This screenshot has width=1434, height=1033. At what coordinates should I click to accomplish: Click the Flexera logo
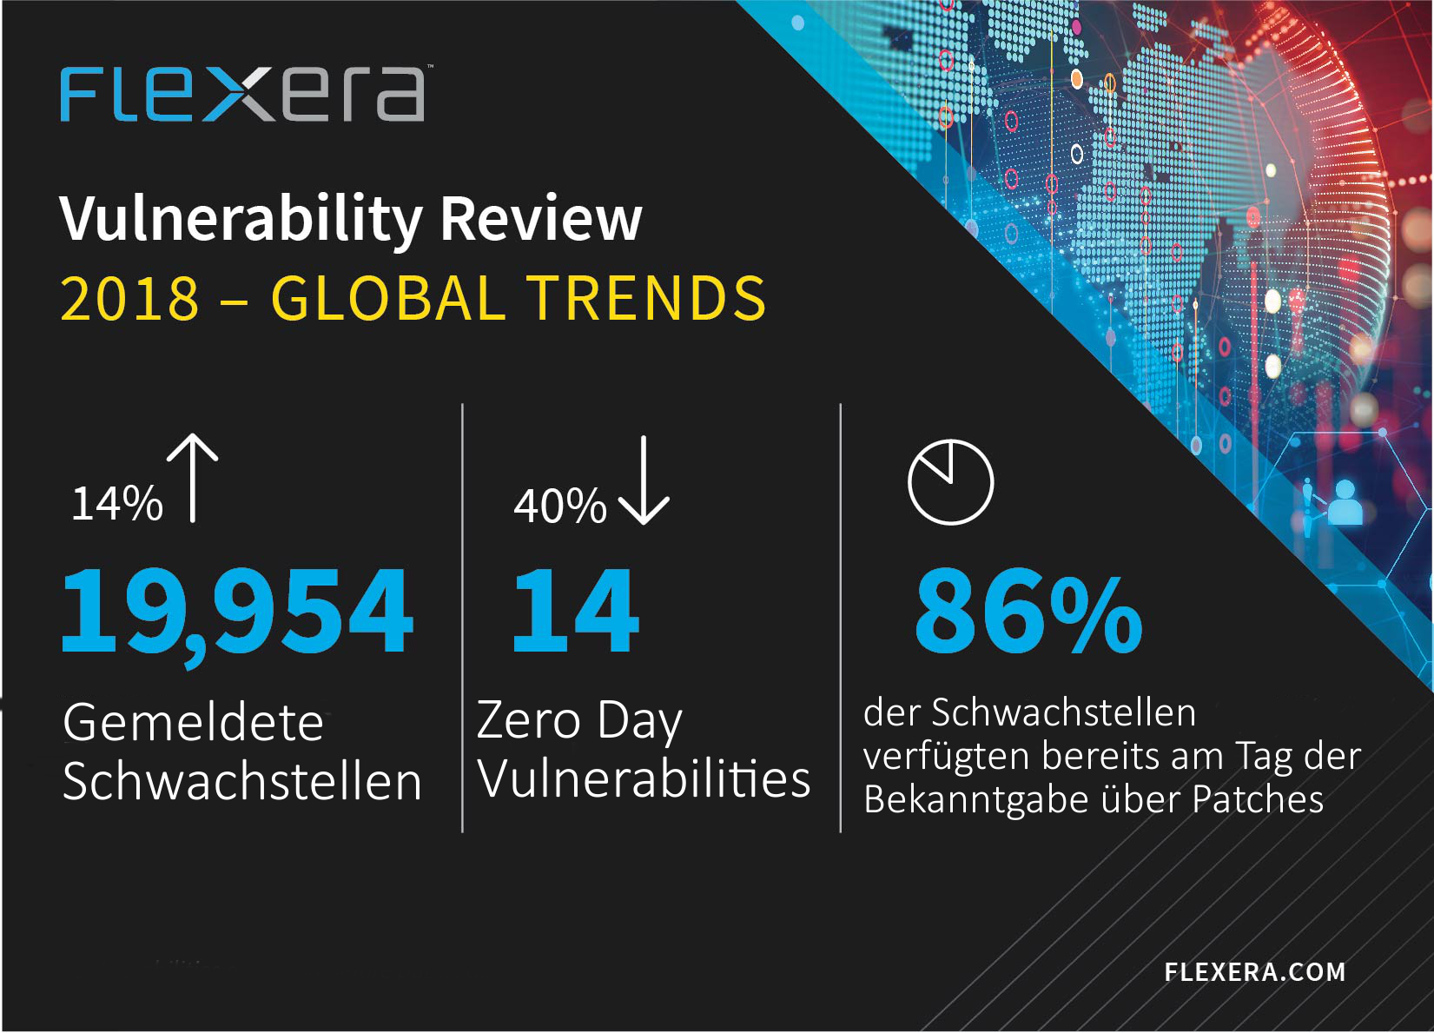(x=242, y=94)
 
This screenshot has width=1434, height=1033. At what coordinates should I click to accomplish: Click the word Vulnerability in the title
(x=240, y=219)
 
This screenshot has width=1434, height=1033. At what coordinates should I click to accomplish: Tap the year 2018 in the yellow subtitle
(x=129, y=299)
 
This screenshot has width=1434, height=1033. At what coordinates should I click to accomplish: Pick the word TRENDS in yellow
(x=649, y=299)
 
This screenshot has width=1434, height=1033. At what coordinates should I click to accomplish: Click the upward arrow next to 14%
(x=193, y=478)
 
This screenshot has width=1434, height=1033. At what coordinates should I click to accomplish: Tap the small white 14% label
(x=117, y=504)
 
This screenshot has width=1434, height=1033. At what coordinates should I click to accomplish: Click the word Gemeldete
(x=194, y=722)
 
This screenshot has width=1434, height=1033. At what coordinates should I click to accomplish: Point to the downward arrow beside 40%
(x=644, y=480)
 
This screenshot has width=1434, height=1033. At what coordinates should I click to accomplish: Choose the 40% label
(x=560, y=507)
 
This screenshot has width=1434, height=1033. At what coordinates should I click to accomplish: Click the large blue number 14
(x=576, y=611)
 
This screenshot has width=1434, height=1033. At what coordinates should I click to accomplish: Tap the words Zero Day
(x=579, y=722)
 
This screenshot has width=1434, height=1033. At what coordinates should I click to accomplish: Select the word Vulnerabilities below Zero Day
(x=644, y=779)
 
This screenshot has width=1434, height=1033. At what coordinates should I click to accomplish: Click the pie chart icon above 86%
(x=951, y=482)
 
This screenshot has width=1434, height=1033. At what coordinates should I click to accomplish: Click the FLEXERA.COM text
(x=1255, y=972)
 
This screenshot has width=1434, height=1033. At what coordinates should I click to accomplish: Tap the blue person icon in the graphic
(x=1345, y=503)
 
